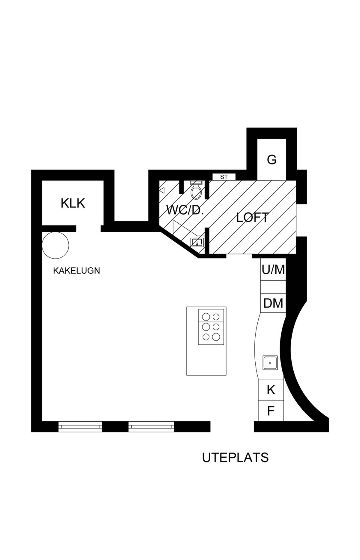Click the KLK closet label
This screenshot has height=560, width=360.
pos(73,203)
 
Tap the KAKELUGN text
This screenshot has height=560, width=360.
pos(76,271)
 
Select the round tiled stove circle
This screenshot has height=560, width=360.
pos(55,245)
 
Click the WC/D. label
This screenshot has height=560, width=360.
pos(185,210)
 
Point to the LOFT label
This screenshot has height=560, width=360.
pos(252,218)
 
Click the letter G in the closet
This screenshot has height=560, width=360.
pos(272,160)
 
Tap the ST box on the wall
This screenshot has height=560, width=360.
pos(224,177)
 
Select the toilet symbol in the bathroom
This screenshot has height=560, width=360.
pos(196,190)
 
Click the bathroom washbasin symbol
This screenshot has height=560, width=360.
pos(197,242)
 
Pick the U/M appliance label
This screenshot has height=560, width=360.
pos(273,270)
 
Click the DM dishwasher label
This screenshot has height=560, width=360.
pos(273,303)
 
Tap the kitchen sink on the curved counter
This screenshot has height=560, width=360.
pos(270,363)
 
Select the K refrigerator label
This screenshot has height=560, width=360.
pos(271,390)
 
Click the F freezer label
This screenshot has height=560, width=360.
pos(271,411)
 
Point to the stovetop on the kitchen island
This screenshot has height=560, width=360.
pos(211,327)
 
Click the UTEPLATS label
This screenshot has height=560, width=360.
pos(235,458)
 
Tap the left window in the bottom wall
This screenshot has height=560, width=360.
pos(80,426)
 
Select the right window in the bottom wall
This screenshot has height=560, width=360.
pos(151,426)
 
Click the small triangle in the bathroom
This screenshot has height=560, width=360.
pos(162,190)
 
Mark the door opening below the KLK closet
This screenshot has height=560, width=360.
pos(88,229)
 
